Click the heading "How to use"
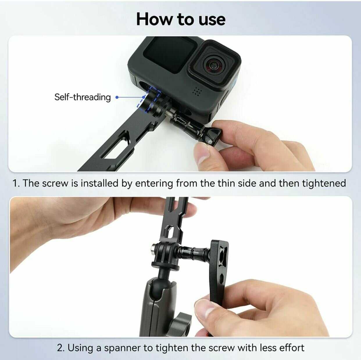(x=181, y=19)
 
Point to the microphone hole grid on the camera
(x=197, y=91)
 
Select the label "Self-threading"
(x=83, y=97)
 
